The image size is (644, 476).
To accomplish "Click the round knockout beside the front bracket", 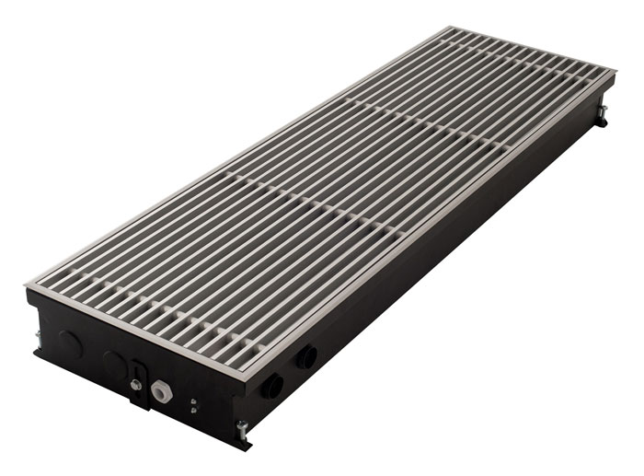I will [x=113, y=362].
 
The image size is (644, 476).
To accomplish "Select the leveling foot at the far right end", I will [x=603, y=114].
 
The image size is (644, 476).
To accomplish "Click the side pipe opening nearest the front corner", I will [x=273, y=385].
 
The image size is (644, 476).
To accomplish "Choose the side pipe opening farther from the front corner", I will [x=305, y=356].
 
